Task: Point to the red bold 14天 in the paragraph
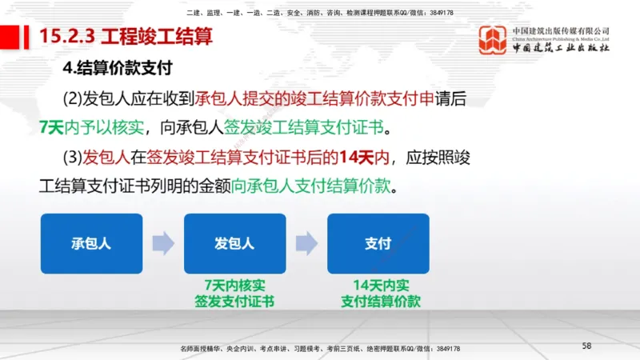pos(354,157)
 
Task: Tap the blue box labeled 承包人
pos(91,244)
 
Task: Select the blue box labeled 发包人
pos(234,244)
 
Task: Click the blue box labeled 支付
pos(378,244)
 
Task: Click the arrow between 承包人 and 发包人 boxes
pos(163,244)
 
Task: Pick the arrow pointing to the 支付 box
pos(306,244)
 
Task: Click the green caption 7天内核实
pos(234,285)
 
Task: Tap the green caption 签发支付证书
pos(234,302)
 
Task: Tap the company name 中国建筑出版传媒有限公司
pos(560,31)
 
